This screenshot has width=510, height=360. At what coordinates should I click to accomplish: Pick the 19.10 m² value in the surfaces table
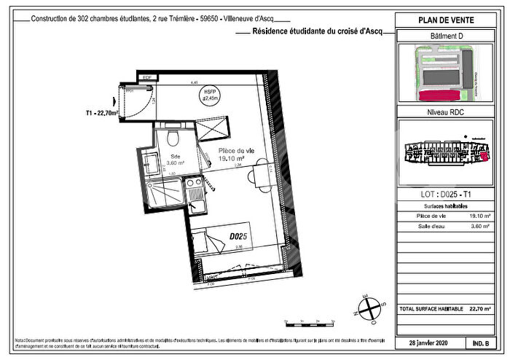click(479, 216)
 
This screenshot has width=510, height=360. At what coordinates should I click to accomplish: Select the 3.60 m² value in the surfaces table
click(479, 227)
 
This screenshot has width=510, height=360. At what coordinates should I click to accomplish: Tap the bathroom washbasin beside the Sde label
click(150, 163)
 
